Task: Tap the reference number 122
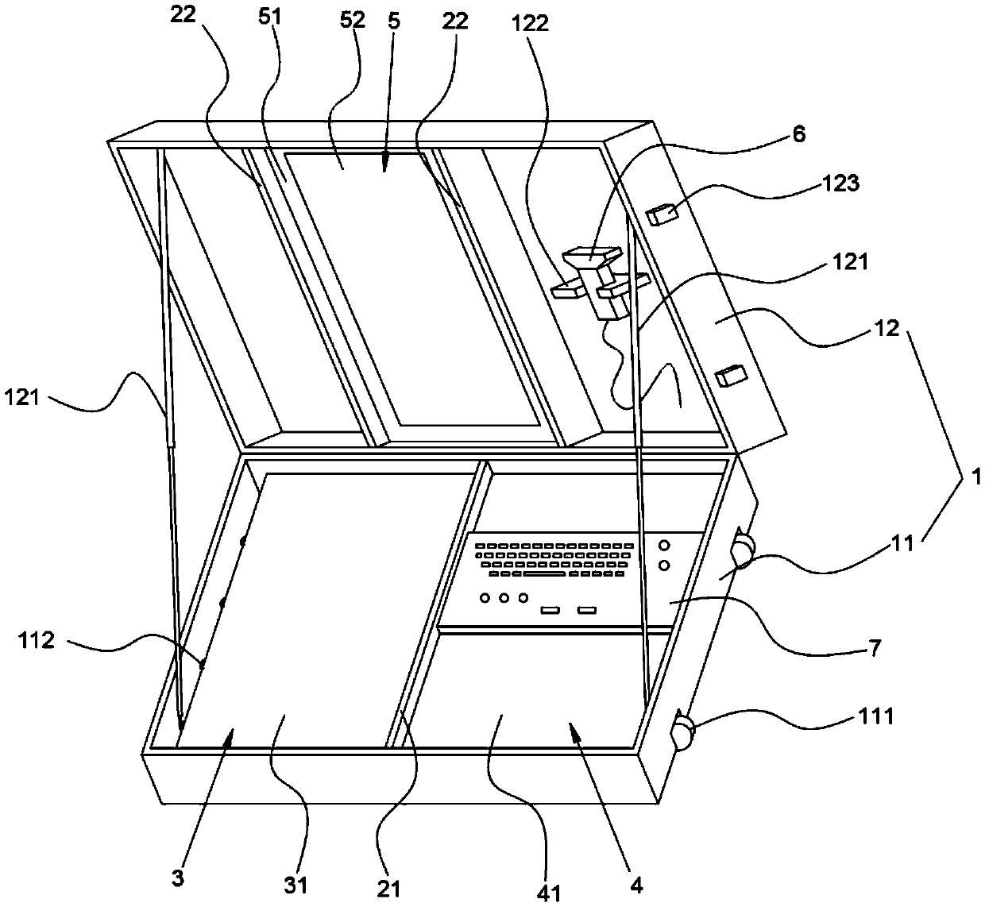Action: coord(531,24)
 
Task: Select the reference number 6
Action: coord(798,134)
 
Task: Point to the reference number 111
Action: coord(878,716)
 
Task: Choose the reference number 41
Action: coord(549,892)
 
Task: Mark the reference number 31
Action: coord(295,883)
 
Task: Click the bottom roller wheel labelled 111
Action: coord(683,731)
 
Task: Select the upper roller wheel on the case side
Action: coord(745,549)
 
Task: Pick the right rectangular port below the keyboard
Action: coord(587,610)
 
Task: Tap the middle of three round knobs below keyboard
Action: coord(503,597)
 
